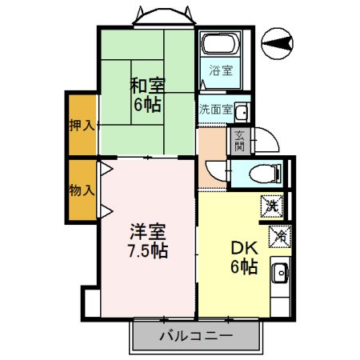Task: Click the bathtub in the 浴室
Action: pos(220,43)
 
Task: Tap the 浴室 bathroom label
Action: pos(221,70)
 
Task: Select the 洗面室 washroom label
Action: pos(216,110)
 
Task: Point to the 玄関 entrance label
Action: pos(239,142)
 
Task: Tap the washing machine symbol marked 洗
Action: pos(272,206)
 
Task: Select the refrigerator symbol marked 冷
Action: pos(280,237)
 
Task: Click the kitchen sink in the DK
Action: pos(280,273)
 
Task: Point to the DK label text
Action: pos(244,248)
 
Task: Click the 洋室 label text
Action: pos(148,232)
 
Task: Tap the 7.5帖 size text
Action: pos(148,251)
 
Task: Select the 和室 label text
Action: pos(147,86)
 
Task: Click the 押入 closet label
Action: pos(82,126)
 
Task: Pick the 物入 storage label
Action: pos(82,190)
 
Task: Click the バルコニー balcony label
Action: pos(196,336)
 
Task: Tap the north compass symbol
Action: pos(277,44)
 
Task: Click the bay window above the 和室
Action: pos(164,17)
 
